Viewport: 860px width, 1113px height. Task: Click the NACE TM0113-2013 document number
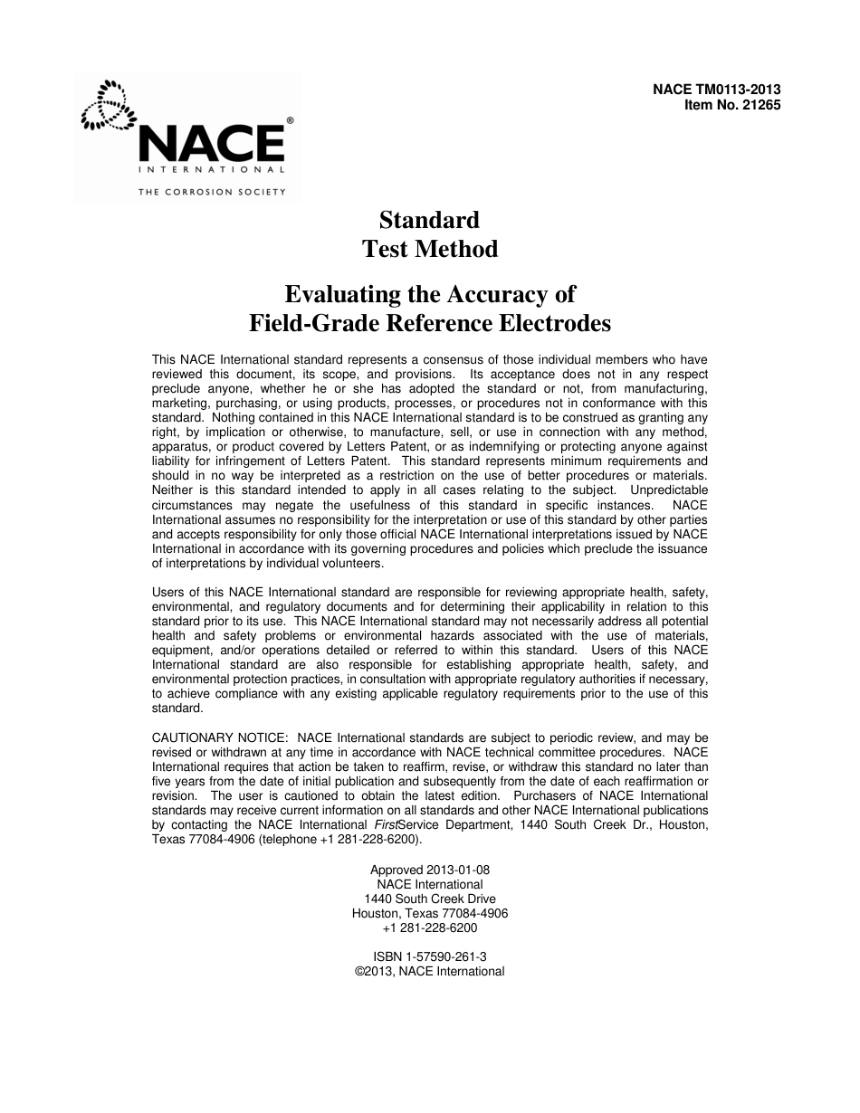(x=716, y=90)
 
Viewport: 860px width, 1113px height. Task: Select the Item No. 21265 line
(x=732, y=104)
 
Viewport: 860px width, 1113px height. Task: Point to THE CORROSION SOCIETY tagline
(x=212, y=191)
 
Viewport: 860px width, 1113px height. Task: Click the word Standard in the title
(x=429, y=220)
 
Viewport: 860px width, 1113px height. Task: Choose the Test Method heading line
(x=430, y=249)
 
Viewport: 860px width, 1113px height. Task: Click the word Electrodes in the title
(x=553, y=324)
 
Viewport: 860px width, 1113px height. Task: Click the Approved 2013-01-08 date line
(x=430, y=870)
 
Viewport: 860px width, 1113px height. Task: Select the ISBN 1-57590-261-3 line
(x=430, y=956)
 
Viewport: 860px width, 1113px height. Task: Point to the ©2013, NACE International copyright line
(x=430, y=971)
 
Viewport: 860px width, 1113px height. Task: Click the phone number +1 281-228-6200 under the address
(x=430, y=927)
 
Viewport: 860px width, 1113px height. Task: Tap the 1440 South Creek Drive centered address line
(x=430, y=899)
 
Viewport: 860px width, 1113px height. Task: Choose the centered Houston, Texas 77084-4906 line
(x=430, y=913)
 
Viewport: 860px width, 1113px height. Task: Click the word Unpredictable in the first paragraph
(x=663, y=490)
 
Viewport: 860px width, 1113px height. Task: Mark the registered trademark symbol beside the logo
(x=290, y=119)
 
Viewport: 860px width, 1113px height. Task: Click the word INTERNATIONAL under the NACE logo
(x=212, y=169)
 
